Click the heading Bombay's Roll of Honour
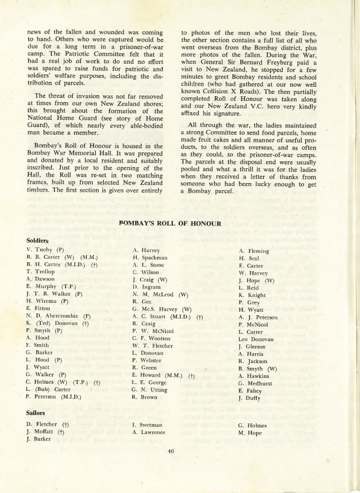170,224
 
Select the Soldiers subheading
38,241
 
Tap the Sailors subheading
37,413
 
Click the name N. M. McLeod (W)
160,294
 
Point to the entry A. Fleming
254,251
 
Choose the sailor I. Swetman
147,425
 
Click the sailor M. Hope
250,433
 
